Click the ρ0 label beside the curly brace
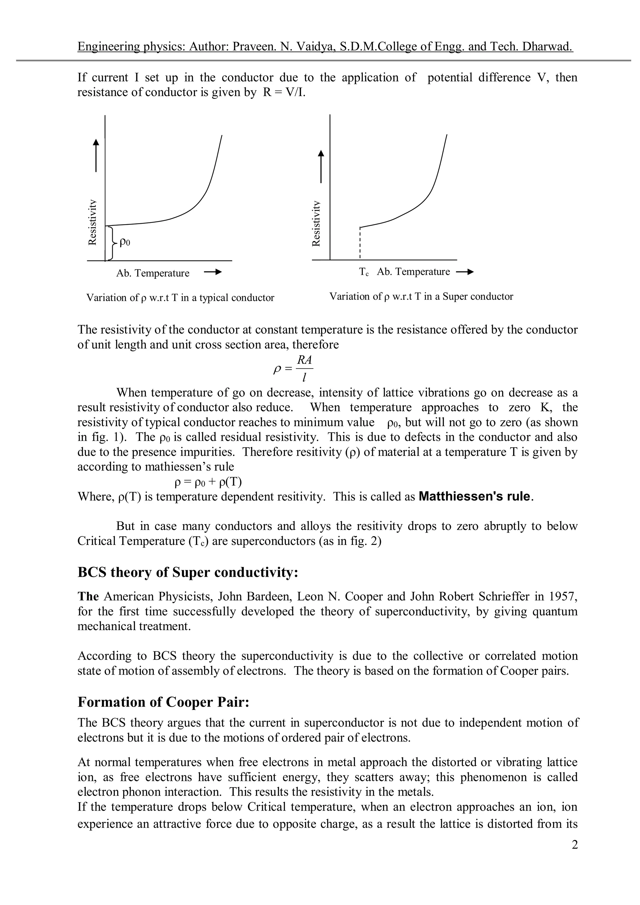point(125,242)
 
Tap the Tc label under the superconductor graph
point(364,272)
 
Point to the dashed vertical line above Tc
point(360,244)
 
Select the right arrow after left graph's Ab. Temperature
point(213,272)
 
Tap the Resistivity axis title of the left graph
point(92,222)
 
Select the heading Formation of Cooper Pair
point(163,702)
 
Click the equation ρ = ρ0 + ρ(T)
point(208,482)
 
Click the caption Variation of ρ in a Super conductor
point(421,296)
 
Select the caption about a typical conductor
point(180,298)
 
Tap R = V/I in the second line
point(284,93)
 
